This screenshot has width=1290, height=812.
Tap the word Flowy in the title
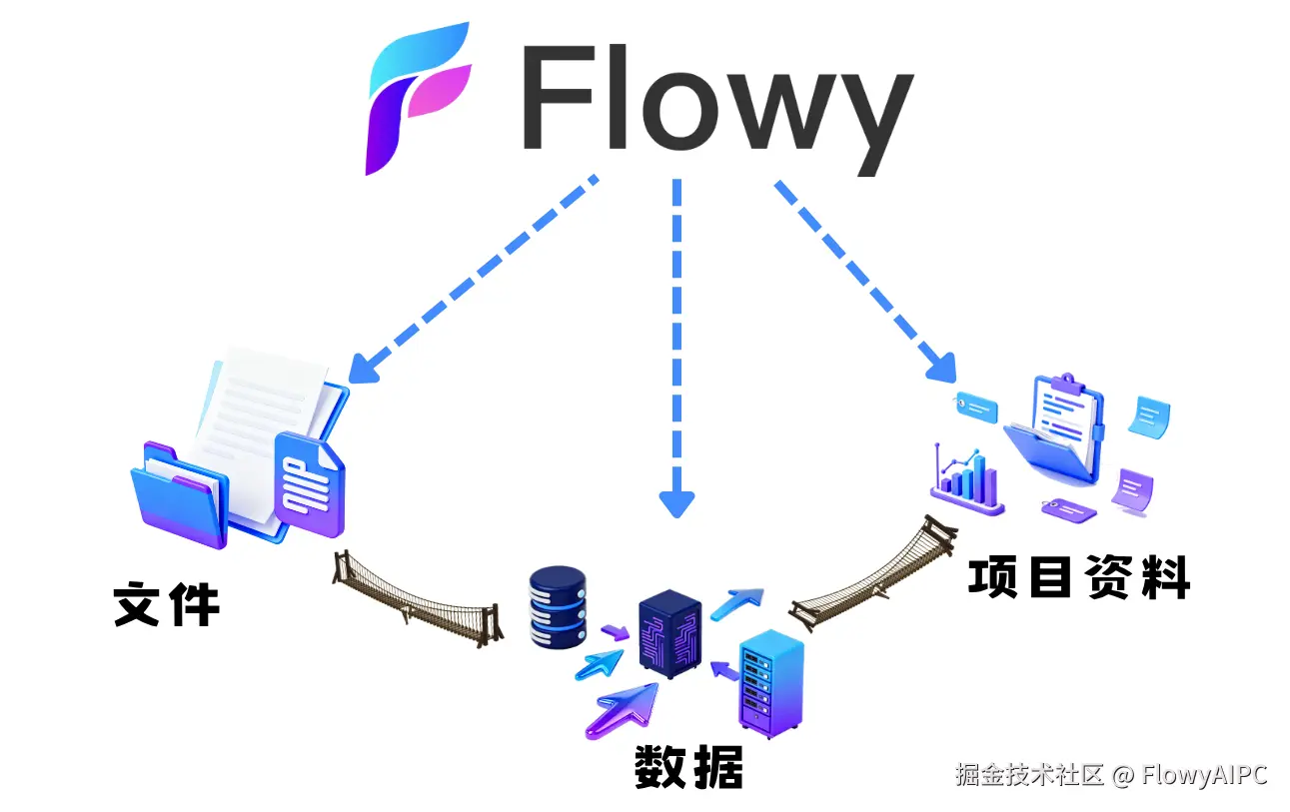(x=715, y=104)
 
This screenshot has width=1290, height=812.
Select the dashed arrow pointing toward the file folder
(x=474, y=281)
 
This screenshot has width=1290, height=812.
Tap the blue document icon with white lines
(x=308, y=484)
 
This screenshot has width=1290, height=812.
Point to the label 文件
(x=166, y=603)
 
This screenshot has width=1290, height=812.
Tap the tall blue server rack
(x=770, y=684)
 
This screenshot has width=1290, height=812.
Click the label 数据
(x=688, y=767)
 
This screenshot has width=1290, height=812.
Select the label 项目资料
(x=1078, y=577)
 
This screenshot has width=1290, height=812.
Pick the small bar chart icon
(x=965, y=480)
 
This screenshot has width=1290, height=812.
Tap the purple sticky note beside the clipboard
(x=1134, y=490)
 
